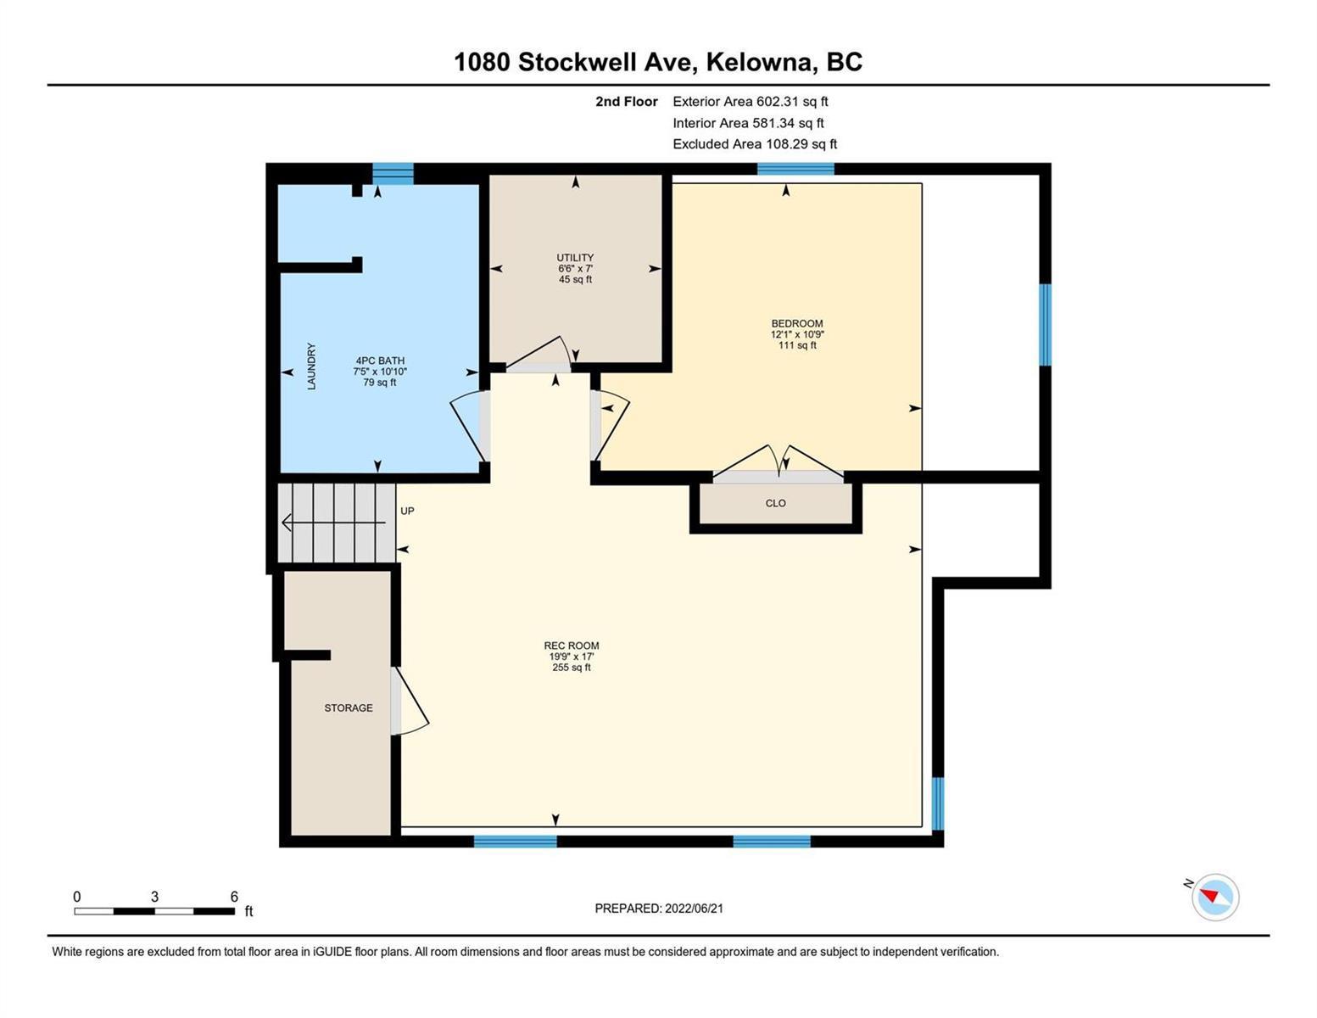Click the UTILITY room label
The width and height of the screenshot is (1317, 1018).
click(x=575, y=258)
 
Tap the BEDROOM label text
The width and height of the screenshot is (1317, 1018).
click(x=797, y=324)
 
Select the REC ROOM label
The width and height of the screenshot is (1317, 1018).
click(x=571, y=646)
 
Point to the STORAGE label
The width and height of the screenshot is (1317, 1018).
click(x=349, y=708)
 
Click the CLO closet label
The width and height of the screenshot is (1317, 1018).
click(x=776, y=503)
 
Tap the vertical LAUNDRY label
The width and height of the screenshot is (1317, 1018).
click(x=311, y=366)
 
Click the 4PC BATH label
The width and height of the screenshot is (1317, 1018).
click(x=380, y=361)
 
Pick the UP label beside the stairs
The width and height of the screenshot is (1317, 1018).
click(x=407, y=512)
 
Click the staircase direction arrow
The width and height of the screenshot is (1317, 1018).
click(x=334, y=522)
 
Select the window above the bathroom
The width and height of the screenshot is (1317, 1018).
click(x=393, y=174)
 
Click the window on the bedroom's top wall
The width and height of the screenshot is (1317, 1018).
click(x=795, y=169)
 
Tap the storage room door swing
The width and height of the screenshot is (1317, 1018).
click(x=411, y=702)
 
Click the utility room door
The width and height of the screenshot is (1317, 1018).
click(x=539, y=354)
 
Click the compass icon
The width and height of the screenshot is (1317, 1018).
click(x=1215, y=898)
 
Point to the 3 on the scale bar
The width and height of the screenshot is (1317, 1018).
click(x=154, y=897)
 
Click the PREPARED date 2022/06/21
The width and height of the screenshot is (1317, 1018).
click(x=694, y=909)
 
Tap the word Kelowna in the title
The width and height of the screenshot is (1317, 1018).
click(x=759, y=62)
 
